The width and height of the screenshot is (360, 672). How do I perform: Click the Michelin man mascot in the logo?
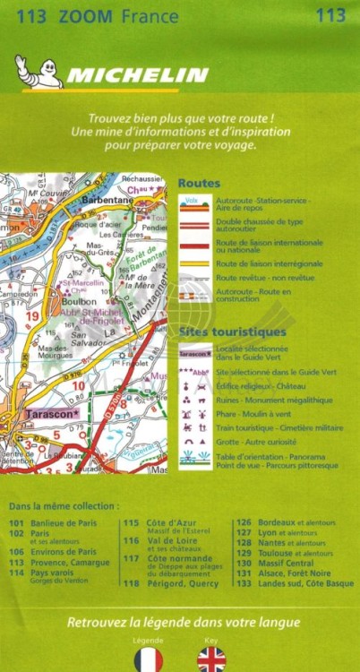(37, 72)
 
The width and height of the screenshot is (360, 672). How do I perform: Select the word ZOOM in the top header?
(85, 14)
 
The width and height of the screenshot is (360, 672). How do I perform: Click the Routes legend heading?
(199, 183)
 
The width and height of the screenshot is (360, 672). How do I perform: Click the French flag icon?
(148, 659)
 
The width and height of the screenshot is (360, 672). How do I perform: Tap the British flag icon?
(211, 659)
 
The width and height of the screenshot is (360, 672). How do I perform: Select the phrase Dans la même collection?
(64, 506)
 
